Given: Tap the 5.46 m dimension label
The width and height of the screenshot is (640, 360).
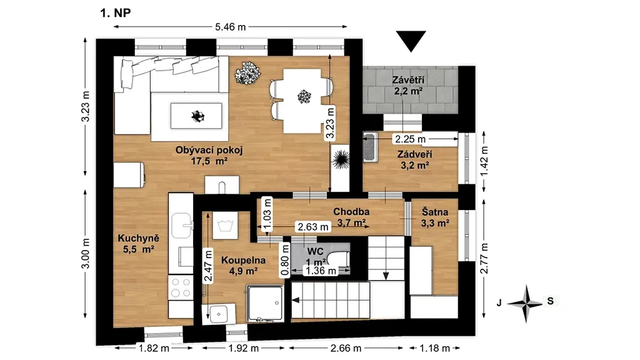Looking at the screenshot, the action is point(231,27).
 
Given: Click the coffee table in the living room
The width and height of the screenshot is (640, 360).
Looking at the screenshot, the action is point(196,116).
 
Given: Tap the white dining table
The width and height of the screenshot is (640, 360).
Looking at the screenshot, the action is point(302,101).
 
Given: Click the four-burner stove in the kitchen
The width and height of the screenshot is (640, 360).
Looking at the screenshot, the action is point(181,287).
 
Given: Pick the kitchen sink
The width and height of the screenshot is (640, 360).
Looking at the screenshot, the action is point(182,226).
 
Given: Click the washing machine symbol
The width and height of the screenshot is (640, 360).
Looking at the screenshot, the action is point(225,225).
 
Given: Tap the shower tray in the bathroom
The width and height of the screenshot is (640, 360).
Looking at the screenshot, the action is point(265,303).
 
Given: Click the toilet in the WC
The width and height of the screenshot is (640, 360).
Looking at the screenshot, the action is point(339,259).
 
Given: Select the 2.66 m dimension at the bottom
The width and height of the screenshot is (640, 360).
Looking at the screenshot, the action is point(346,348).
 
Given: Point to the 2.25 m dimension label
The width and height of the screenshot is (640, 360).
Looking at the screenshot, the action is point(410,139).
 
